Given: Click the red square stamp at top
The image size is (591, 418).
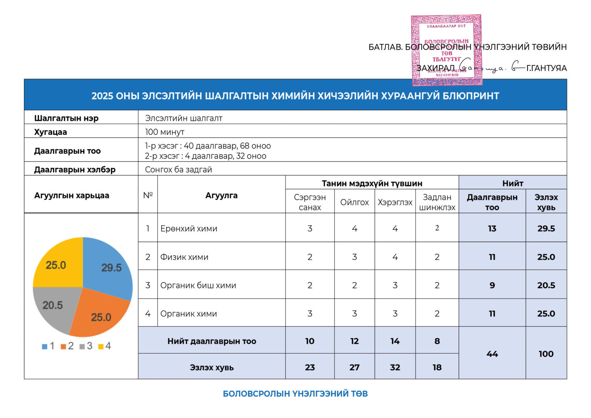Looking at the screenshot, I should point(446,50).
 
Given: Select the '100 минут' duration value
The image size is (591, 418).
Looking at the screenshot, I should point(165,132).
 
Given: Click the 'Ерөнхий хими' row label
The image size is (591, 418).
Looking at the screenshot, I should point(189,228).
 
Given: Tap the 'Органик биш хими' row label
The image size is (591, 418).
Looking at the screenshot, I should point(198,285).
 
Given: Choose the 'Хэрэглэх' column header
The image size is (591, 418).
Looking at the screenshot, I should point(395,202).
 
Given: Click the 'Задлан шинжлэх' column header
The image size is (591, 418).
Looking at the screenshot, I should point(437,202).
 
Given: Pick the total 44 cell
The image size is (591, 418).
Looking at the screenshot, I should point(492,354).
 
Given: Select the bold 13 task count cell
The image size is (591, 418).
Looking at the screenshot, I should point(492,228).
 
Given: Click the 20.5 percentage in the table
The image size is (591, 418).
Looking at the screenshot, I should point(546,285).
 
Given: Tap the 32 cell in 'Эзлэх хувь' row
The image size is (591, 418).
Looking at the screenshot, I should point(395,367).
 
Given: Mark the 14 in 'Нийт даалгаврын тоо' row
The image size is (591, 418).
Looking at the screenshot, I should point(395,341).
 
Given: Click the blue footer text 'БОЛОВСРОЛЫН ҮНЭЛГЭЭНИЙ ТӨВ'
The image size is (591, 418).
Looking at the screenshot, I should point(295,393).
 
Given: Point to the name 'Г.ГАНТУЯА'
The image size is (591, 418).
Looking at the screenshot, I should point(546,68).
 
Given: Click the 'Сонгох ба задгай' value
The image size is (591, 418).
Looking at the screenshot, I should point(179,169).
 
